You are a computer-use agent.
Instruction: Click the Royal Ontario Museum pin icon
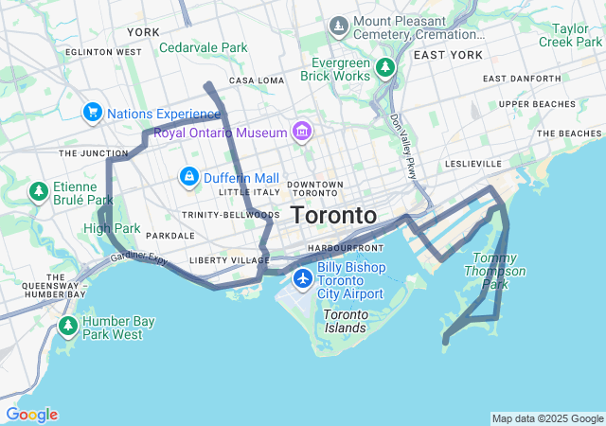click(x=302, y=130)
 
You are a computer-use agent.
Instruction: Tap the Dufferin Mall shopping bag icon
click(x=189, y=177)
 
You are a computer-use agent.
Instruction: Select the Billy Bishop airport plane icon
click(x=303, y=278)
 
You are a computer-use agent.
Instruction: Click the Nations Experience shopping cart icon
click(x=92, y=113)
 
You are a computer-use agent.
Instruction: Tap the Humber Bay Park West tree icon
click(x=67, y=327)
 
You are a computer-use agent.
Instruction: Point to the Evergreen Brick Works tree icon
click(x=384, y=67)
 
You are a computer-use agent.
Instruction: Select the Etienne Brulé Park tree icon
click(x=39, y=192)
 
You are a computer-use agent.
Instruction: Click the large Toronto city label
click(x=333, y=215)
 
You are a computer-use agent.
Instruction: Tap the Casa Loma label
click(x=256, y=80)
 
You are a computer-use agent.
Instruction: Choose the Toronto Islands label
click(x=345, y=321)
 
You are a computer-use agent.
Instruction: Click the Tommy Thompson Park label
click(x=499, y=271)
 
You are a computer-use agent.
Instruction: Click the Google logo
click(x=30, y=415)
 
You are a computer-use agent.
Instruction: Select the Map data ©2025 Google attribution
click(x=547, y=418)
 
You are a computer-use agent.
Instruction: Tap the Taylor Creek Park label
click(x=570, y=35)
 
